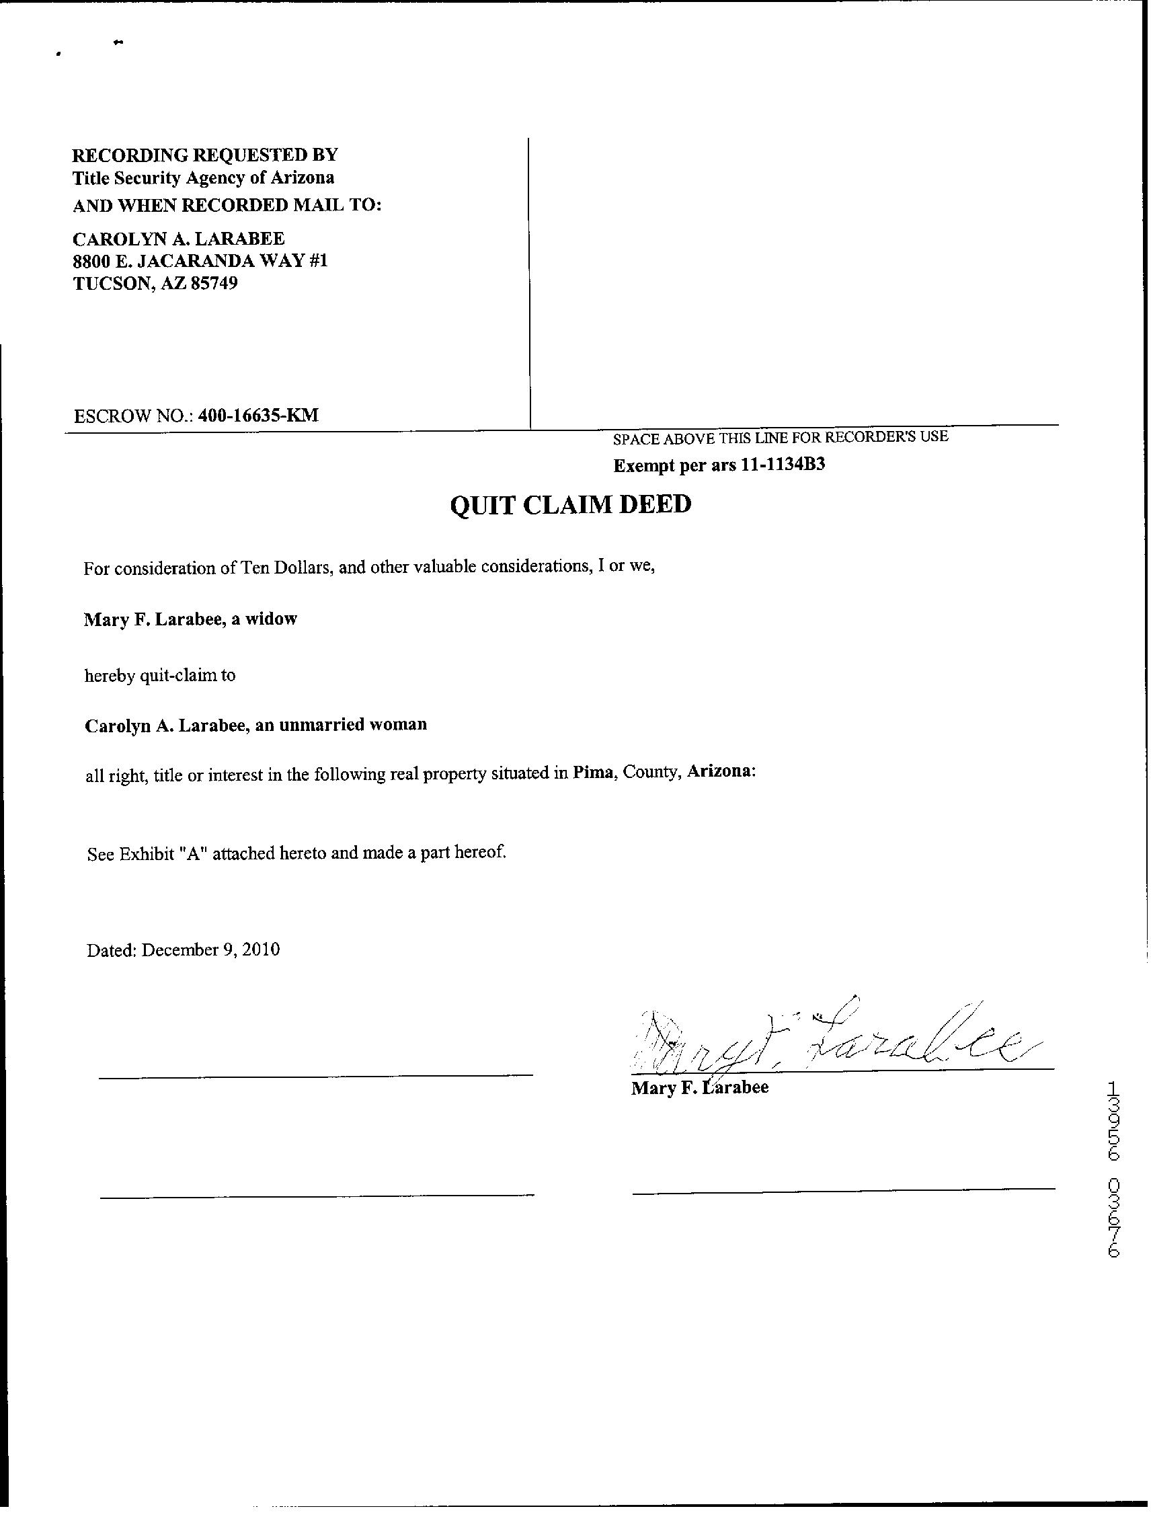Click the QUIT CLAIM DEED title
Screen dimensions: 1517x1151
click(x=569, y=506)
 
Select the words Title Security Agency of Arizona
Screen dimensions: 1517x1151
click(x=204, y=178)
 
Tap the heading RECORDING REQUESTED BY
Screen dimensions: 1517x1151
click(x=205, y=154)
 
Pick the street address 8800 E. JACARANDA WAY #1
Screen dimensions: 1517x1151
click(x=200, y=262)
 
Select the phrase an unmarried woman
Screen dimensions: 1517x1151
click(x=341, y=725)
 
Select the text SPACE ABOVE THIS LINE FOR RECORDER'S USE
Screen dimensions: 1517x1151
click(x=780, y=437)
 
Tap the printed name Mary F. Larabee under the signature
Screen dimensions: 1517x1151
click(x=699, y=1088)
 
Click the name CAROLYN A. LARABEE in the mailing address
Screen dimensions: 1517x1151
click(x=178, y=239)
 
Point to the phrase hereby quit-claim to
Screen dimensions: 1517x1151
click(x=160, y=676)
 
